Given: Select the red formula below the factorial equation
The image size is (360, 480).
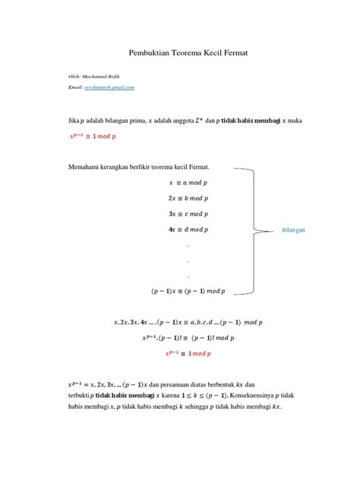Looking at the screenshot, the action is [187, 353].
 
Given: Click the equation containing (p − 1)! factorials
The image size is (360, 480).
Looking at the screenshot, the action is [187, 338].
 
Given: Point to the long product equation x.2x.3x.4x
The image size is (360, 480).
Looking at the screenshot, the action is [187, 323].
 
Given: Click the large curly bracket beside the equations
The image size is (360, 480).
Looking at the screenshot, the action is [251, 232].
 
